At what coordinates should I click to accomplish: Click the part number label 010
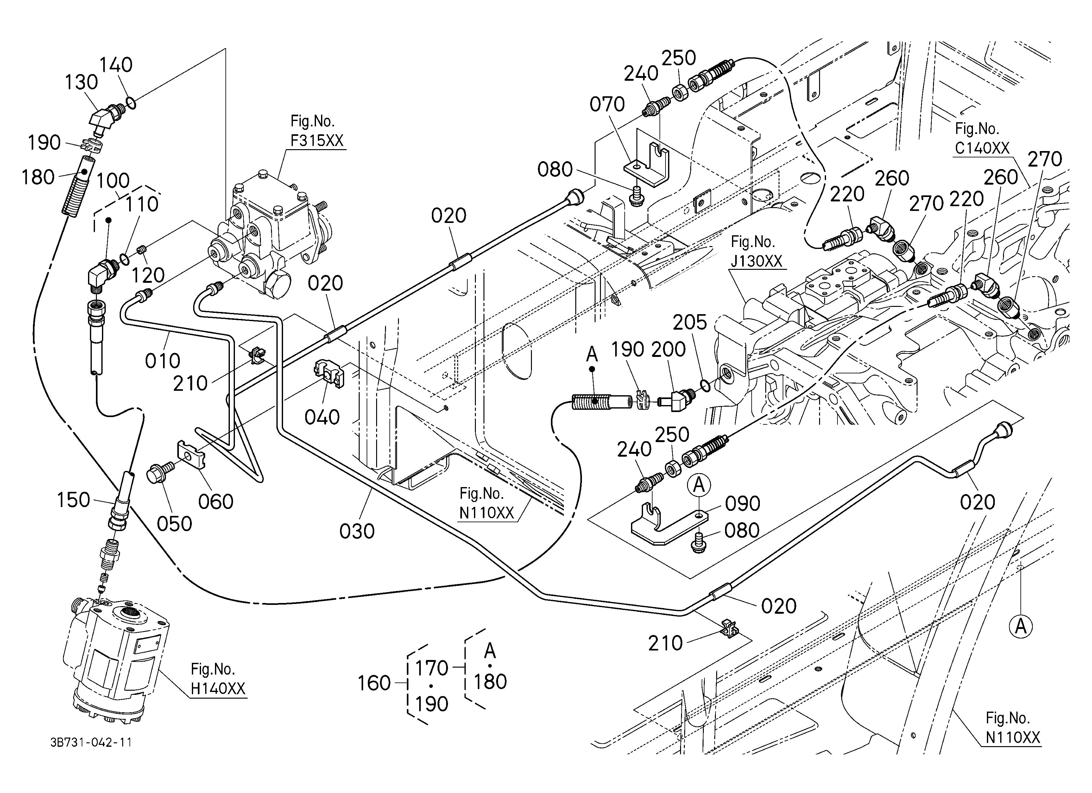click(x=163, y=360)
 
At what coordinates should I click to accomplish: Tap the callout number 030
click(x=357, y=531)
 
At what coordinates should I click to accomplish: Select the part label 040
click(x=322, y=417)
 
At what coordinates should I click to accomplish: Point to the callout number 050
click(x=174, y=523)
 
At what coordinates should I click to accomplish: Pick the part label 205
click(x=690, y=322)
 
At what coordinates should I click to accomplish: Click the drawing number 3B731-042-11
click(x=91, y=742)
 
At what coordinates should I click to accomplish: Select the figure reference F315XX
click(x=317, y=141)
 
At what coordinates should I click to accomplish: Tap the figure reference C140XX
click(x=982, y=148)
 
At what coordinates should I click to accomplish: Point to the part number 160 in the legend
click(x=374, y=683)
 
